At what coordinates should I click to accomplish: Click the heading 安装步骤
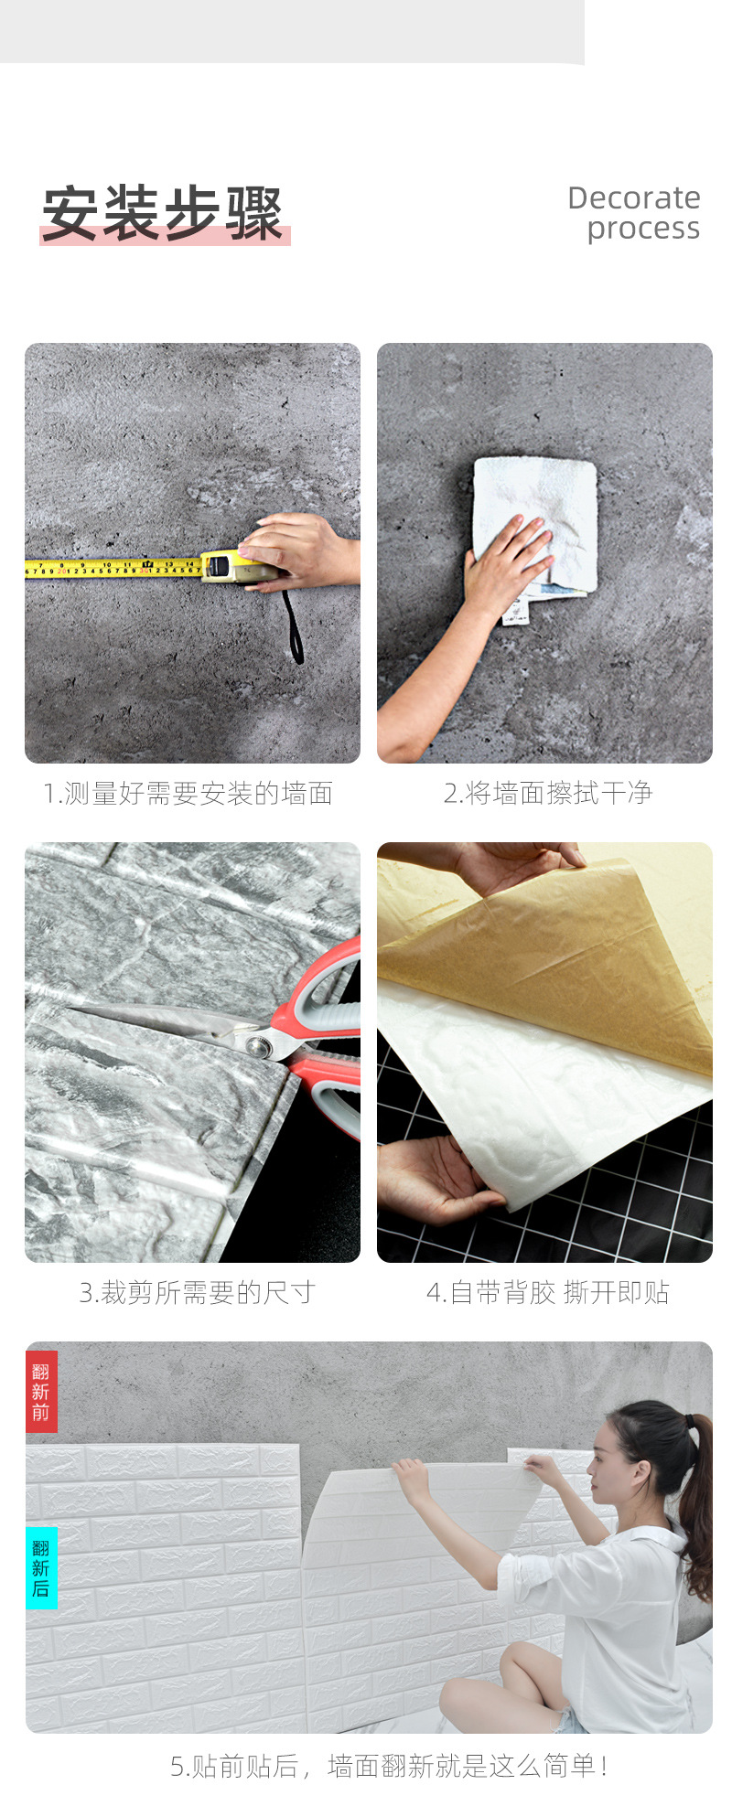coord(163,214)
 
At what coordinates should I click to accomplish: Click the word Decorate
coord(634,198)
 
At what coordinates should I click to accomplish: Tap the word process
coord(643,230)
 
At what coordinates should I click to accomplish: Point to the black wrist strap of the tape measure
coord(292,627)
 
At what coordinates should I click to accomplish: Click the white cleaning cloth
coord(534,530)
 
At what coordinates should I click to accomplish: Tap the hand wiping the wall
coord(507,560)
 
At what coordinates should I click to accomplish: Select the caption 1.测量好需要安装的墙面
coord(188,794)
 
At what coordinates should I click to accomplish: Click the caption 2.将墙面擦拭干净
coord(547,794)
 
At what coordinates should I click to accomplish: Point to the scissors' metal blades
coord(165,1021)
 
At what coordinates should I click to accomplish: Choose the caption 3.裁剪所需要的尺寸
coord(197,1293)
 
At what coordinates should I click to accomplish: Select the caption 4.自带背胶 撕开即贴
coord(547,1293)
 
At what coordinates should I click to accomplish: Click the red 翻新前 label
coord(41,1392)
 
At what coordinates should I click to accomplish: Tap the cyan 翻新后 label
coord(41,1567)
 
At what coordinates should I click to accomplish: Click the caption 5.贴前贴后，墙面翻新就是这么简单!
coord(389,1766)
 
